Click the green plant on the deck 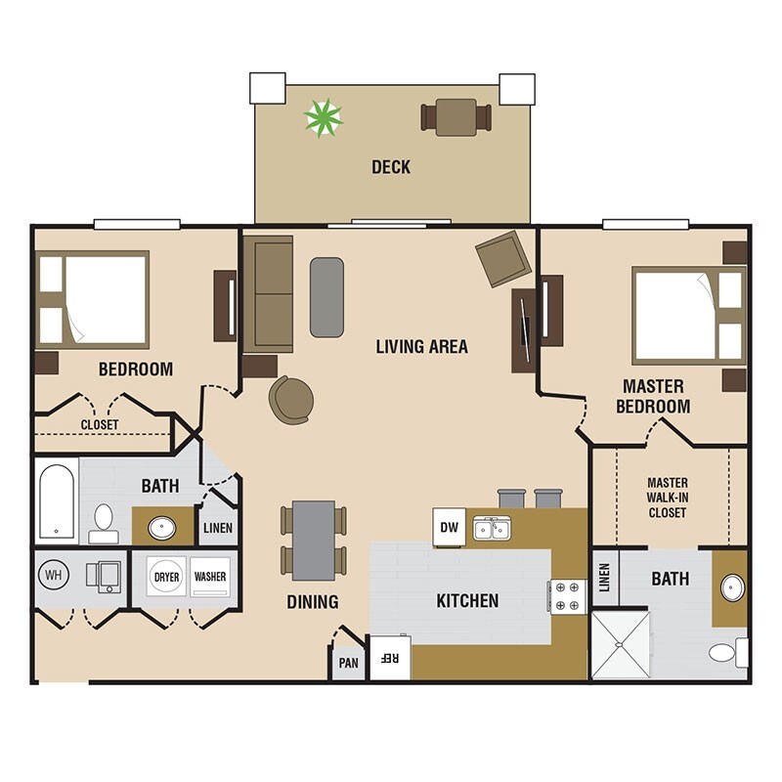(x=324, y=118)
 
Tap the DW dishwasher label (x=450, y=527)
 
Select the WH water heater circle (x=54, y=575)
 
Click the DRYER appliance (x=166, y=577)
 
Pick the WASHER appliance (x=210, y=577)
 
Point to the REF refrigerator (x=390, y=657)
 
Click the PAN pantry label (x=349, y=663)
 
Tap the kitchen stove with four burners (x=568, y=596)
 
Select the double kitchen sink (x=492, y=528)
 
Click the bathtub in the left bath (x=57, y=501)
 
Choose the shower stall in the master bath (x=621, y=645)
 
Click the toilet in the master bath (x=728, y=652)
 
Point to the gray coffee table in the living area (x=326, y=297)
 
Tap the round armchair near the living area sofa (x=291, y=400)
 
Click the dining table (x=314, y=541)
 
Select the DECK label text (x=391, y=167)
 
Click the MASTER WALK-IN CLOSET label (x=668, y=498)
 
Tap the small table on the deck (x=456, y=117)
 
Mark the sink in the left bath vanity (x=162, y=528)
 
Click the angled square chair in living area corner (x=503, y=259)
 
